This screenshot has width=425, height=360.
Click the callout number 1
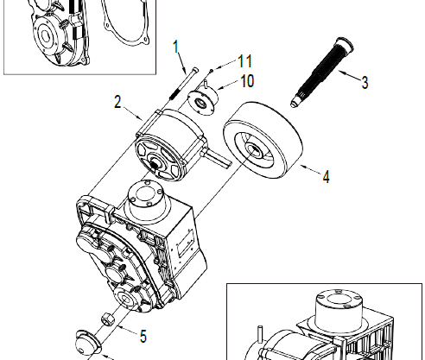[176, 47]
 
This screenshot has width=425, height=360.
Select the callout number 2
[117, 102]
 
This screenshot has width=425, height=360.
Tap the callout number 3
[365, 83]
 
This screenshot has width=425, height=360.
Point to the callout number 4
[326, 177]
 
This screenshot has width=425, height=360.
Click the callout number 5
[143, 336]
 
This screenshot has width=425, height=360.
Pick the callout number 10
[247, 81]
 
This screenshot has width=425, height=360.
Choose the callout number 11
[244, 61]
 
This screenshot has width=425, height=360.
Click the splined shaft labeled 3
[322, 72]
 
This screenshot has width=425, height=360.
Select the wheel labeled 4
[263, 140]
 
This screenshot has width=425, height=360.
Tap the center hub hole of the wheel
[253, 149]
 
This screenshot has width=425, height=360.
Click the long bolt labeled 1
[183, 84]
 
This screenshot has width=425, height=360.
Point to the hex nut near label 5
[108, 319]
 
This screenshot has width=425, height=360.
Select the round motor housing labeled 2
[171, 145]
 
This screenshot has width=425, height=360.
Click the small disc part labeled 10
[203, 100]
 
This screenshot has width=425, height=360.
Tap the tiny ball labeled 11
[212, 70]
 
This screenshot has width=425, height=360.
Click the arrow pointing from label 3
[349, 75]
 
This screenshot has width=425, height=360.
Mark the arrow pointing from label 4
[310, 169]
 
